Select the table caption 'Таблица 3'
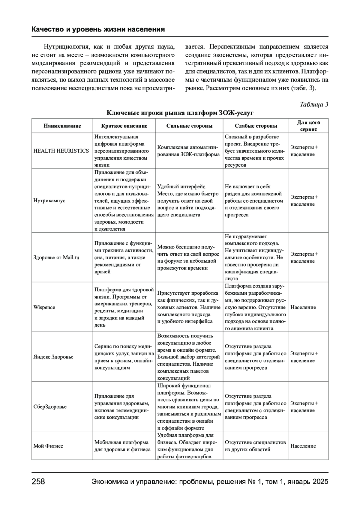(x=314, y=104)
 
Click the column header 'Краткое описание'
(x=124, y=126)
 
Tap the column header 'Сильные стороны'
(x=189, y=126)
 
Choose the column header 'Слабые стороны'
(x=256, y=126)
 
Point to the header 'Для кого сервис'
(x=308, y=126)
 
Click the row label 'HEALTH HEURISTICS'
(x=61, y=151)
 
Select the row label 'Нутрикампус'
(x=49, y=201)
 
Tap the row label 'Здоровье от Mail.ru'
(x=56, y=257)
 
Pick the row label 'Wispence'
(x=44, y=307)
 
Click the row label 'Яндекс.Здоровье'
(x=53, y=357)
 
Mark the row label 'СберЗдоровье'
(x=50, y=407)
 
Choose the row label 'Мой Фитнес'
(x=48, y=446)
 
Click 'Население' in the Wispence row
(x=303, y=307)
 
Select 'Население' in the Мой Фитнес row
(x=303, y=446)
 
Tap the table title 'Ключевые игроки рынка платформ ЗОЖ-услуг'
(x=180, y=113)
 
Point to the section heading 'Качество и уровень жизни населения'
(x=98, y=29)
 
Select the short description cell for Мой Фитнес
(x=122, y=446)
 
